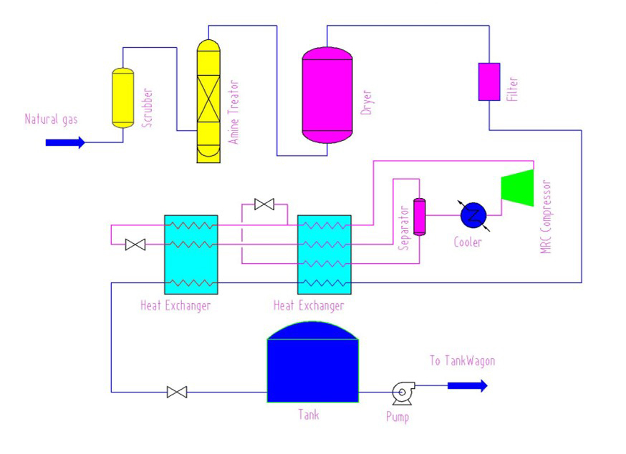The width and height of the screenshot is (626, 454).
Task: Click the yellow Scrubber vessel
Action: [123, 98]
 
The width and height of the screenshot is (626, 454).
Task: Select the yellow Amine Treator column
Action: [208, 102]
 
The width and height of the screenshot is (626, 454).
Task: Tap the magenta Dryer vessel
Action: [327, 95]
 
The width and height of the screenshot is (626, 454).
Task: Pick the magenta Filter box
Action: [489, 82]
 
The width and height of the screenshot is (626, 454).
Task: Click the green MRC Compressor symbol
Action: [518, 187]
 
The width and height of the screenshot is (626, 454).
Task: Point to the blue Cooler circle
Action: [473, 215]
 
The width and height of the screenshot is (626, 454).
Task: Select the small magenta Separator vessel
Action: [419, 217]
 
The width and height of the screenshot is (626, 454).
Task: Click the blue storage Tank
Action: [312, 362]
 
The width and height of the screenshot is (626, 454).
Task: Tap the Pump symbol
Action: [403, 393]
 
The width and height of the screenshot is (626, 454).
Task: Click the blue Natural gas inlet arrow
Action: [65, 142]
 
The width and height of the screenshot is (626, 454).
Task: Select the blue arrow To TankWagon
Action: [468, 386]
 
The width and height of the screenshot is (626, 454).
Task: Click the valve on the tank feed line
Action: [177, 393]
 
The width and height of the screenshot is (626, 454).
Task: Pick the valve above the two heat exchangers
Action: [264, 204]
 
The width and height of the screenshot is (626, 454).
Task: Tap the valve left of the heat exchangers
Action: [135, 245]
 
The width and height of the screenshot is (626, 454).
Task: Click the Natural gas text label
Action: [51, 119]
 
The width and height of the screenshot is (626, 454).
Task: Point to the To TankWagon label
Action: [462, 361]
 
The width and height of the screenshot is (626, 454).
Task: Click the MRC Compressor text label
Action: [545, 217]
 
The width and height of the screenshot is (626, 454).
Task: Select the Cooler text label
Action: [468, 242]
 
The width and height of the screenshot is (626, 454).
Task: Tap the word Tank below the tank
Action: [309, 415]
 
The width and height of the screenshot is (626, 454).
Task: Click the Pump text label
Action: [398, 417]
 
